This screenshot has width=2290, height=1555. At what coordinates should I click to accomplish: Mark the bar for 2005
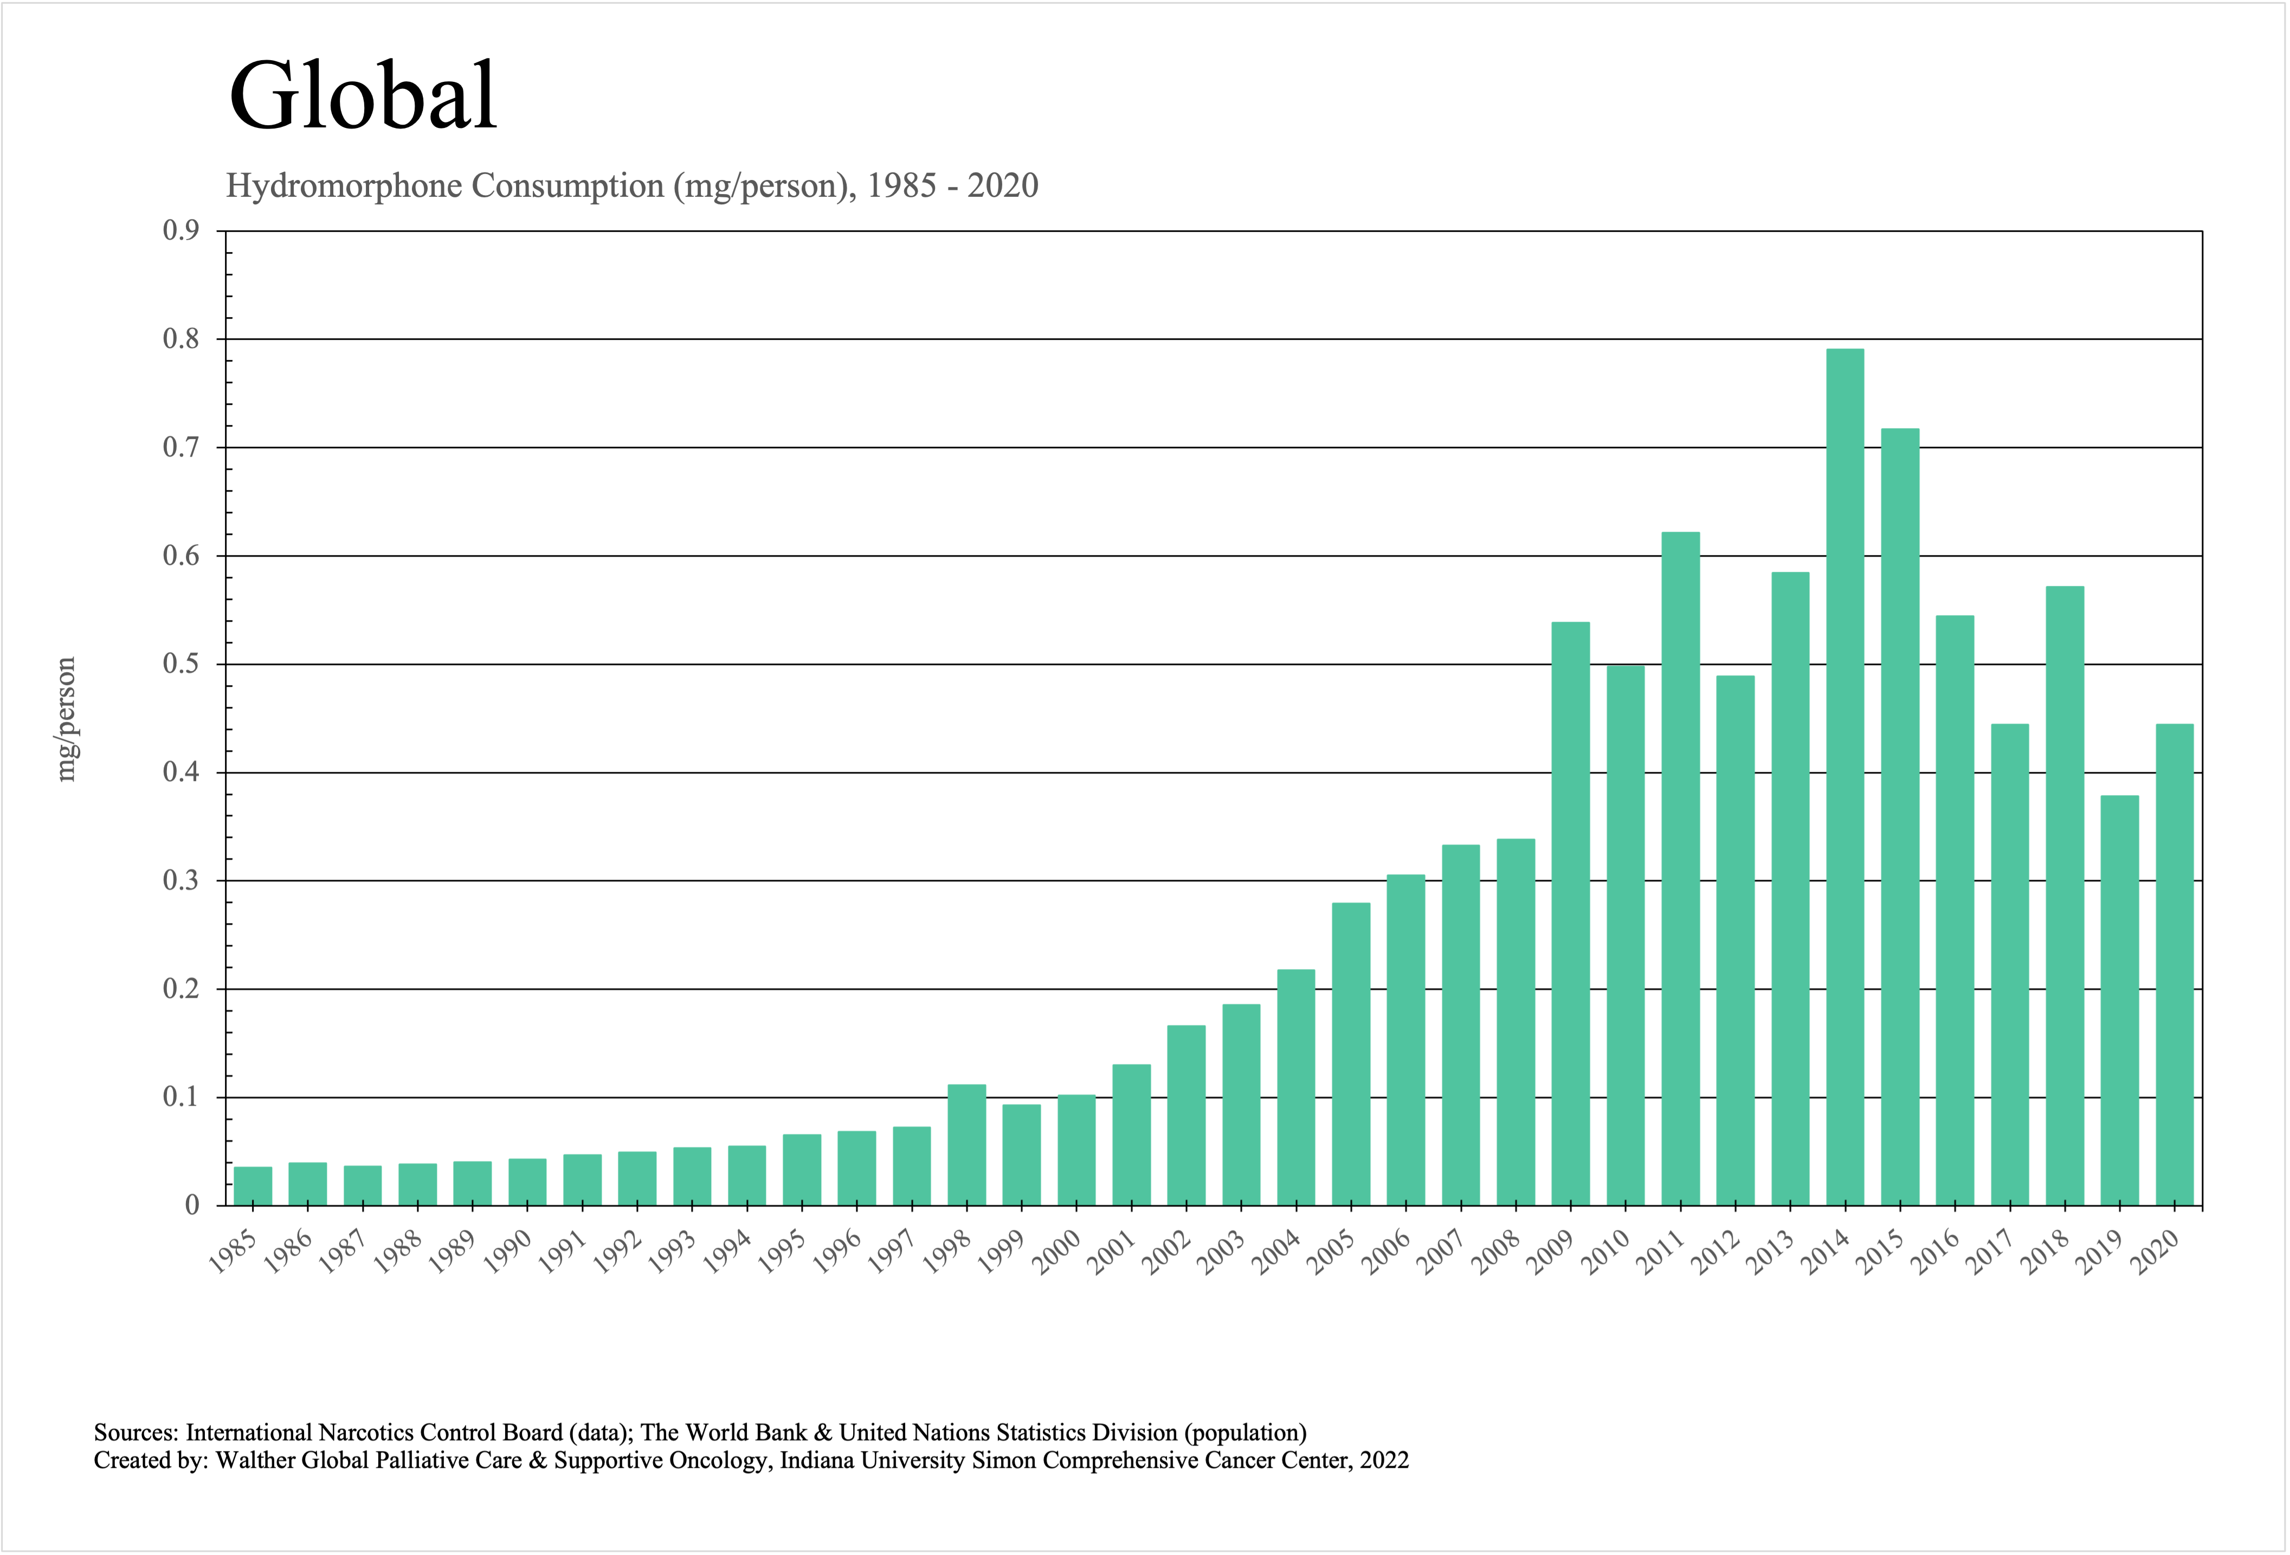tap(1351, 1054)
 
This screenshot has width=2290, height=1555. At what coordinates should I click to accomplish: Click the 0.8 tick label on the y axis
tap(180, 340)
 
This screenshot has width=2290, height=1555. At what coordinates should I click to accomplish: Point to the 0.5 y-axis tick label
tap(180, 664)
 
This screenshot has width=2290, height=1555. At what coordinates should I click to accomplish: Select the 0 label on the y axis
tap(192, 1205)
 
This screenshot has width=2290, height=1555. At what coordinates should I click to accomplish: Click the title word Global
tap(363, 95)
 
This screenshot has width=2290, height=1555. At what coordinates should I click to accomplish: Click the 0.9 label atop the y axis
tap(180, 231)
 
